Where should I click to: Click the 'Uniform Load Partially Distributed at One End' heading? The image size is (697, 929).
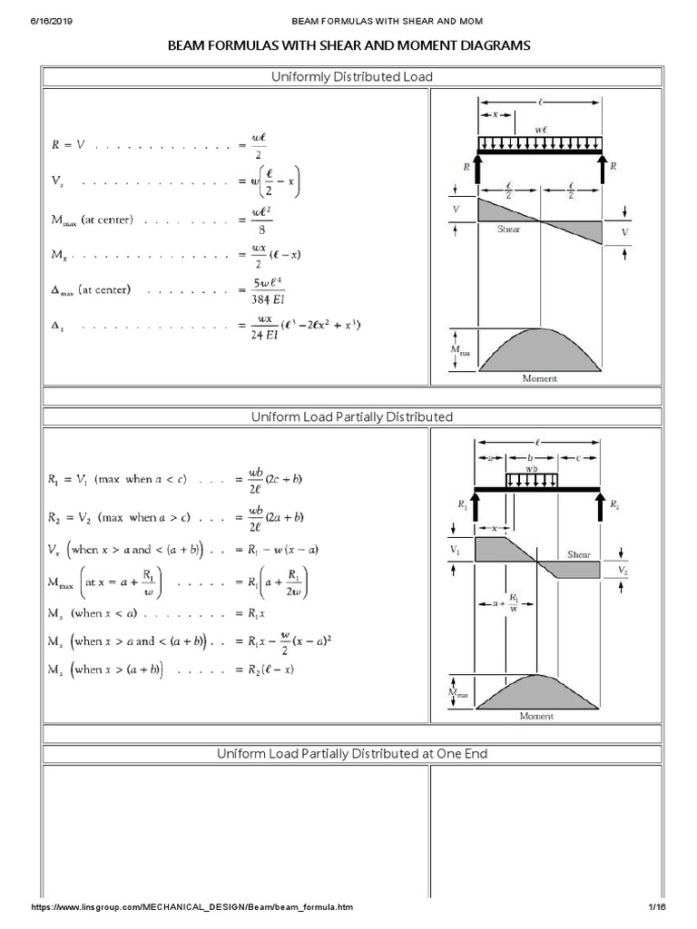point(352,754)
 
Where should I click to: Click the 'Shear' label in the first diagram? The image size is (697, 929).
point(509,230)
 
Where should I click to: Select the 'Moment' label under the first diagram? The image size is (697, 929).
point(539,377)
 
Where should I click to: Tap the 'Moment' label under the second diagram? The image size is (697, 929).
point(536,716)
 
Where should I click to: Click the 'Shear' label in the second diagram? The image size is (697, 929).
point(579,553)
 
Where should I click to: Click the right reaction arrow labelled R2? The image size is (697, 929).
point(599,505)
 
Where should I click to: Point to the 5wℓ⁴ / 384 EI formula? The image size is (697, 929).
point(270,290)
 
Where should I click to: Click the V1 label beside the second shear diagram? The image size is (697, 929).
point(456,550)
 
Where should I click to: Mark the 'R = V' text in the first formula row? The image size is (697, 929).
point(67,146)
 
